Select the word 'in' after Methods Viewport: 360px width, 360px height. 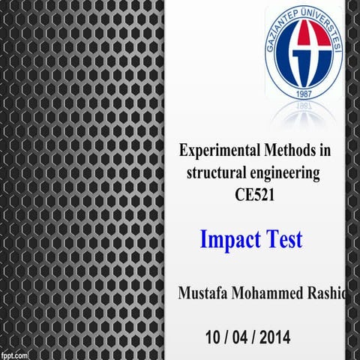point(324,151)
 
